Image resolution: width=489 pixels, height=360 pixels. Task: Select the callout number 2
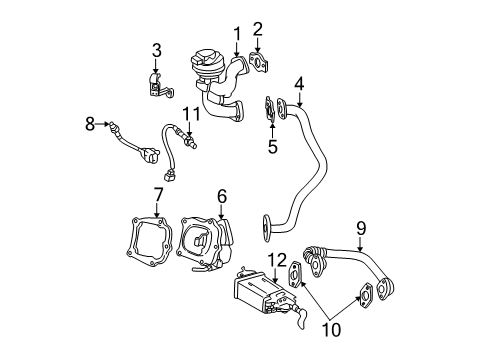(x=257, y=29)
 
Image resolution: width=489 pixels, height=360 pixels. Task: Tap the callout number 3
(x=156, y=49)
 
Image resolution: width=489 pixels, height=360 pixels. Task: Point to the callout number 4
(x=298, y=84)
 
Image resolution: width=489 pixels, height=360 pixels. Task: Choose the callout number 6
(x=222, y=197)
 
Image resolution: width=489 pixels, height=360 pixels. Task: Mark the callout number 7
(x=158, y=193)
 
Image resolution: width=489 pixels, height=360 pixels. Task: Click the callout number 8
(x=89, y=124)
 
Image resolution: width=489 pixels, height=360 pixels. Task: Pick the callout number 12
(x=273, y=260)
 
